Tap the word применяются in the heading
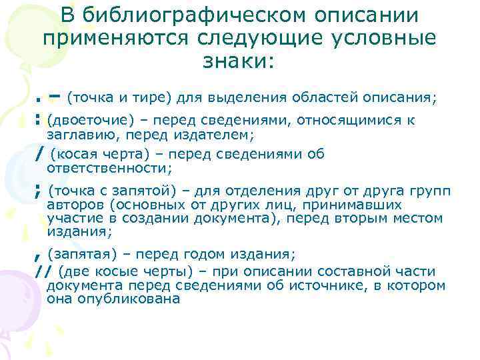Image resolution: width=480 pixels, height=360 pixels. click(x=103, y=38)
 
